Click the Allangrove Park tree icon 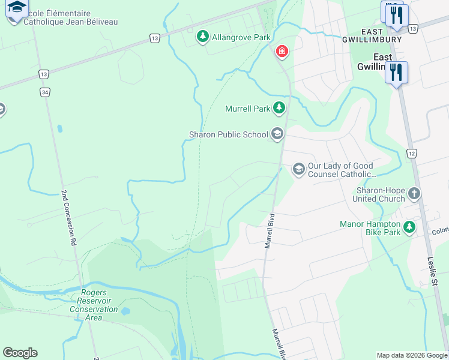(x=203, y=37)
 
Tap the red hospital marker (x=282, y=52)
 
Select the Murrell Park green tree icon (x=279, y=108)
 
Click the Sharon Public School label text (x=228, y=134)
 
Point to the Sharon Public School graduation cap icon (x=277, y=134)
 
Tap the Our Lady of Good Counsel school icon (x=298, y=169)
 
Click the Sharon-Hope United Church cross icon (x=414, y=194)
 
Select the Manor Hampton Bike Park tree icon (x=409, y=227)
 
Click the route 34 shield (x=45, y=92)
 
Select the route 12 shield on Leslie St (x=411, y=154)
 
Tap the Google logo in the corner (x=20, y=353)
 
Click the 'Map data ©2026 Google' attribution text (x=412, y=355)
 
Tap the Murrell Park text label (x=247, y=109)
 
